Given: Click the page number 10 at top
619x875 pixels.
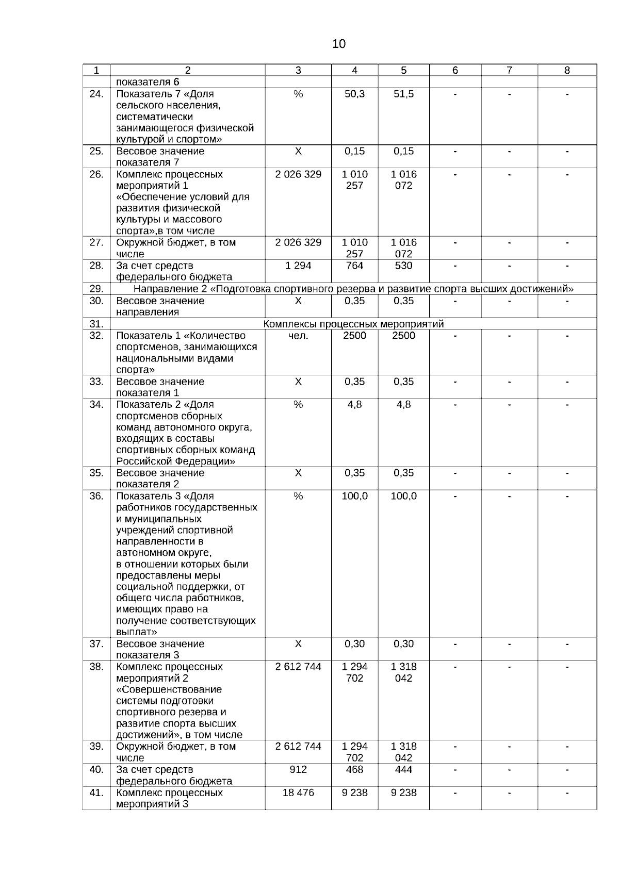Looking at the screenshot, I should (x=339, y=44).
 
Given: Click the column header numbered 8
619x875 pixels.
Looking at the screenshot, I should (x=567, y=71).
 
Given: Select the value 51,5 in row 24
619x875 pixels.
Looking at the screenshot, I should (x=403, y=94).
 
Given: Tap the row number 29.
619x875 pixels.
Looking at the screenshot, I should (x=96, y=289).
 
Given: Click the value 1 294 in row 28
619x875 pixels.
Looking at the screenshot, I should (x=298, y=266).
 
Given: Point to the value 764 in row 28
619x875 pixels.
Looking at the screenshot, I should (x=354, y=266).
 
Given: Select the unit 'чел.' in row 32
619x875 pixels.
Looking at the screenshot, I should (x=298, y=336).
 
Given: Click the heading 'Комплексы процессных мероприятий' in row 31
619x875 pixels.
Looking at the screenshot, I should (x=353, y=324).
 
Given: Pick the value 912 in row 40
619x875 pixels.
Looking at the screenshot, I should (x=298, y=769).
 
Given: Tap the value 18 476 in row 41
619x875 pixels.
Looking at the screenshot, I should (x=298, y=793).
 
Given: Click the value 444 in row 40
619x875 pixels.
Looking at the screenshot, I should (x=403, y=769).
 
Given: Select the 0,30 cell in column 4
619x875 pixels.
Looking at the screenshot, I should (x=354, y=643).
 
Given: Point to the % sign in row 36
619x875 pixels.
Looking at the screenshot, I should (x=298, y=496).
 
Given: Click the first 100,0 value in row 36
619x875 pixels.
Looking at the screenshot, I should (x=354, y=496).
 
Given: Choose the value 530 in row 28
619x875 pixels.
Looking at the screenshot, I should (x=403, y=266).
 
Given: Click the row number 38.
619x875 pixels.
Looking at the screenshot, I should (x=96, y=667).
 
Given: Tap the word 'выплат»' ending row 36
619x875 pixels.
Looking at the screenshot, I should (x=137, y=632).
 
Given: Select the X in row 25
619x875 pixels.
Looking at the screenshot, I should (x=298, y=151).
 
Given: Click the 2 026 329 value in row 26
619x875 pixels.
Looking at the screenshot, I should (x=298, y=174).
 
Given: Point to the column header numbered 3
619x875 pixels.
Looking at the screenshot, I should (x=298, y=71).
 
